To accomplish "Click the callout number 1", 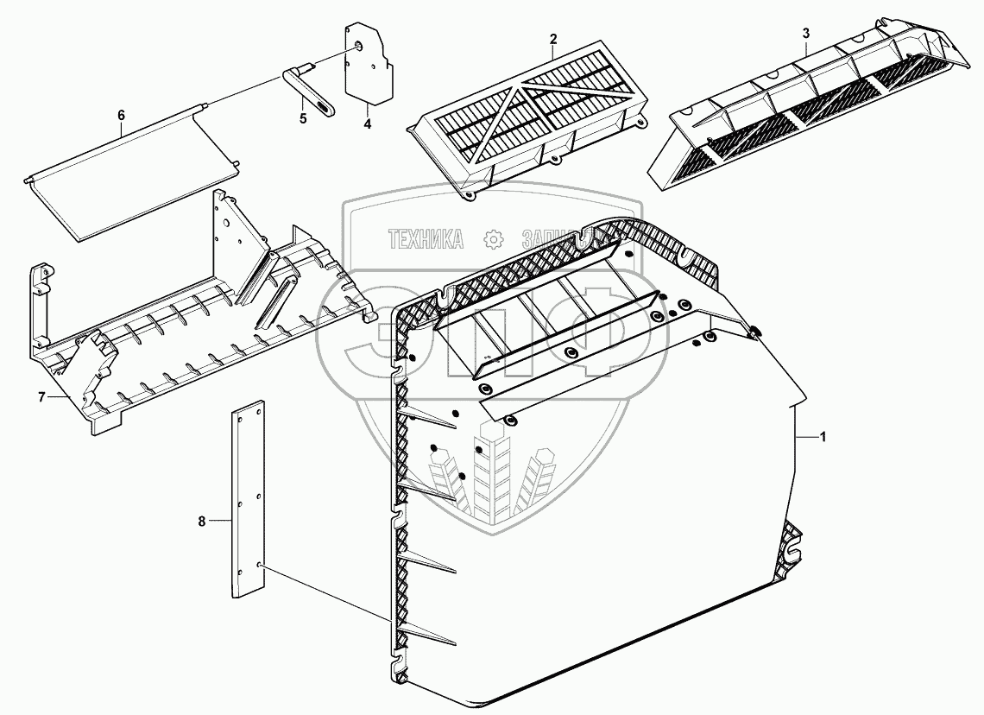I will (x=823, y=438).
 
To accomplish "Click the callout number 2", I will (x=553, y=38).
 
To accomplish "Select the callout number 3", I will (x=805, y=33).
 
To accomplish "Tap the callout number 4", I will (x=367, y=124).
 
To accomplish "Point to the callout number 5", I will (x=303, y=119).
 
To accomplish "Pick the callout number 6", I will (x=121, y=115).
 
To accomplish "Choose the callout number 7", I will (x=41, y=396).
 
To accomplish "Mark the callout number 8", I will (x=202, y=521).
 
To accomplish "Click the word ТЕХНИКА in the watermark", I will (x=426, y=239).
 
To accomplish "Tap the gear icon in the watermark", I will (x=493, y=239).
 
